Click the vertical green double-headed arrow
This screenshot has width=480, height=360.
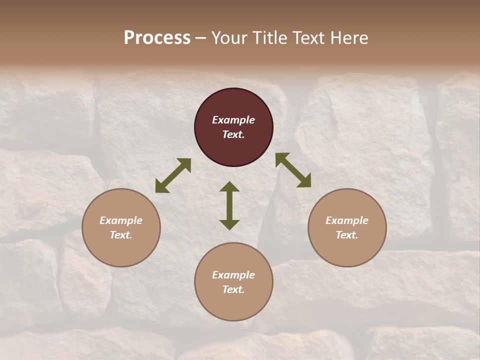(x=229, y=205)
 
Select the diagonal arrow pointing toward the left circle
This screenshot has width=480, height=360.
(x=173, y=175)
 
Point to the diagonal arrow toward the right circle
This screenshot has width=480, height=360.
(x=293, y=170)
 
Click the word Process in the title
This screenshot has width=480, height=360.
(x=157, y=38)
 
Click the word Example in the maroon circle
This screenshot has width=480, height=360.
(x=233, y=120)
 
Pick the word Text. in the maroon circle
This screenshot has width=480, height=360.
(x=233, y=134)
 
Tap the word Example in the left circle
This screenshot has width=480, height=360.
(x=121, y=220)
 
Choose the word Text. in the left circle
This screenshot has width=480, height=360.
(x=121, y=235)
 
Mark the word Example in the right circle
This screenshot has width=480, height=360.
(x=347, y=220)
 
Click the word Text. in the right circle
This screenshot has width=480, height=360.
(x=347, y=235)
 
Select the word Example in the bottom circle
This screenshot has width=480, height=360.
(x=233, y=275)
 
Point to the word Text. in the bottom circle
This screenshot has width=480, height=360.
(x=233, y=289)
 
